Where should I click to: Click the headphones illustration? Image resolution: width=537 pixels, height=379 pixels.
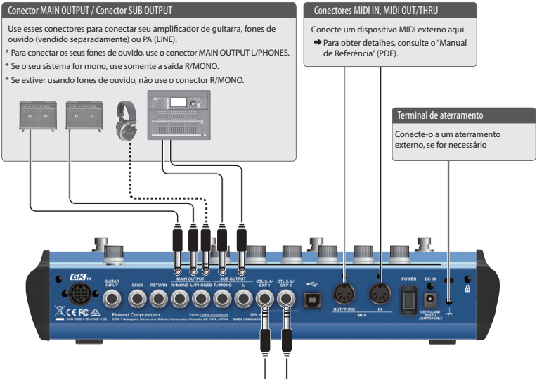point(128,120)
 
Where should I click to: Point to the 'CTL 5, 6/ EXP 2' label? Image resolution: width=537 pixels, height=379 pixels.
point(288,283)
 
